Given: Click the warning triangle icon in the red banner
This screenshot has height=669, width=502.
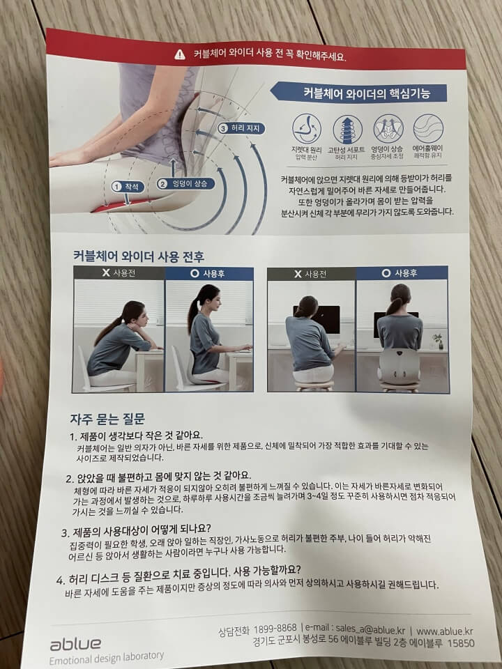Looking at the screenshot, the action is point(180,54).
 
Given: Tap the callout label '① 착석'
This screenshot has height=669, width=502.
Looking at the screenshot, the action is point(128,187).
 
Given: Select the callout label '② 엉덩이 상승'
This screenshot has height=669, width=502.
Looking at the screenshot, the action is point(185,184).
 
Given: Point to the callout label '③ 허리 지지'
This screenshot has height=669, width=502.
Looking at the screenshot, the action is point(241,128).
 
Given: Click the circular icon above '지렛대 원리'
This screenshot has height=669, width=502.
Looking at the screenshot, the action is point(307,128).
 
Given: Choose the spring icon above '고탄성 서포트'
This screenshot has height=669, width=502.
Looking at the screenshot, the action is point(347,130).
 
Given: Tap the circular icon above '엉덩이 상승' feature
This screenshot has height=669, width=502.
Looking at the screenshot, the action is point(388,129).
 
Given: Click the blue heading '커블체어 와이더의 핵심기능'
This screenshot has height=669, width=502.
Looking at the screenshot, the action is point(366,93).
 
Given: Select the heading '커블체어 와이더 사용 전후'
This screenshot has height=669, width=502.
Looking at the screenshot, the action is point(138,256).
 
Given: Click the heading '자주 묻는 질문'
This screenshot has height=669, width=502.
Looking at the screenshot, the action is point(107,419).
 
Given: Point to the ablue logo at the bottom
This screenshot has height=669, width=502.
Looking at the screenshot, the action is point(76,644).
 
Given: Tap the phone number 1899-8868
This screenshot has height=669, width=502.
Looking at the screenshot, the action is point(275,629).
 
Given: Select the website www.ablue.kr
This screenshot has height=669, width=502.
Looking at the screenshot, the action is point(444,631).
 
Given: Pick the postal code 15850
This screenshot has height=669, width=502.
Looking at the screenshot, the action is point(461,643).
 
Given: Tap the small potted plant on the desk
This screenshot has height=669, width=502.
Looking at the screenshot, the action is point(438,341).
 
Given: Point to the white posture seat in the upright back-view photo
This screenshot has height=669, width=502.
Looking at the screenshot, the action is point(400,366).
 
